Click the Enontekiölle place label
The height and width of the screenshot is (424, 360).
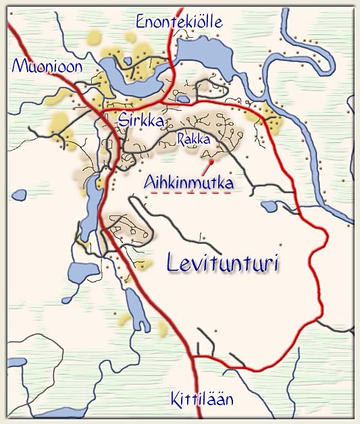(x=179, y=22)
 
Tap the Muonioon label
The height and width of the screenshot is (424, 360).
(x=47, y=66)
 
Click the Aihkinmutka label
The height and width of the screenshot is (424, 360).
(x=189, y=182)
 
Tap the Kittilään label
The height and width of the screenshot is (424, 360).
(x=202, y=398)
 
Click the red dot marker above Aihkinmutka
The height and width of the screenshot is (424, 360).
(x=211, y=162)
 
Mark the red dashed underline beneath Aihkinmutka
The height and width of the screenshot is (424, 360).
(x=190, y=192)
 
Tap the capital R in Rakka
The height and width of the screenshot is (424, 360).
(x=180, y=139)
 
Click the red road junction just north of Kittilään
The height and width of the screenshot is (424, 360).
(x=195, y=356)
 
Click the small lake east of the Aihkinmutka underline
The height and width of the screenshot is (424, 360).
(x=268, y=206)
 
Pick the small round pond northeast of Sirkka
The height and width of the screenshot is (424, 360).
(x=183, y=99)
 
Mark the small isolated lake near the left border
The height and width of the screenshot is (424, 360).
(x=18, y=195)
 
